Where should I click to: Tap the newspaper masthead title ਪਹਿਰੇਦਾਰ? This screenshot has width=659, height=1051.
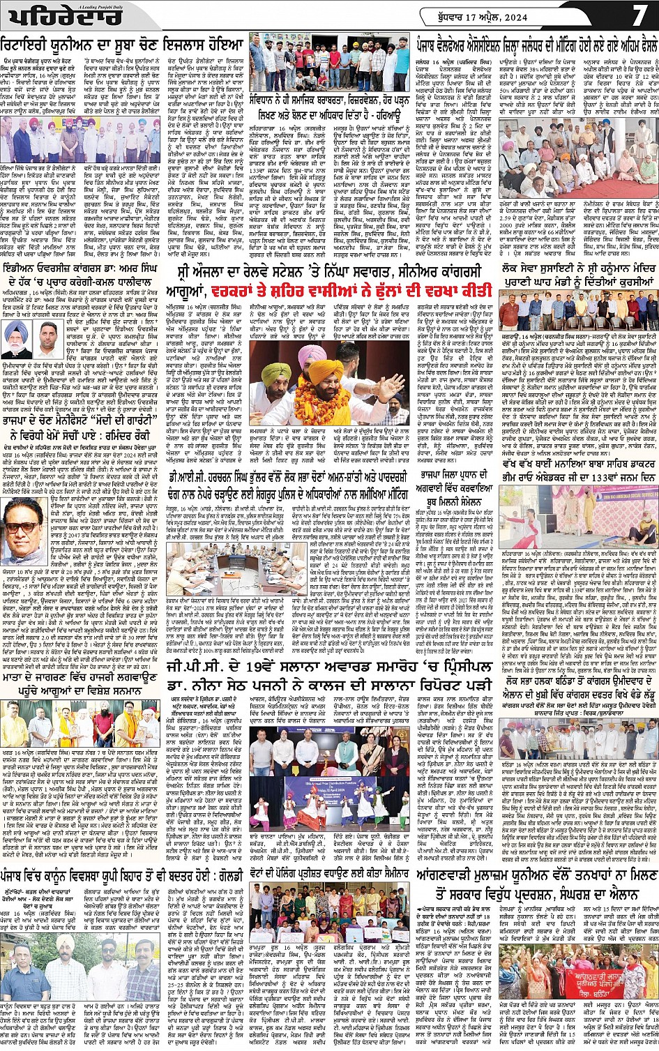[41, 15]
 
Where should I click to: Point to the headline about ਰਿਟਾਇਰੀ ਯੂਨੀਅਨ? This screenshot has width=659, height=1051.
[123, 42]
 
